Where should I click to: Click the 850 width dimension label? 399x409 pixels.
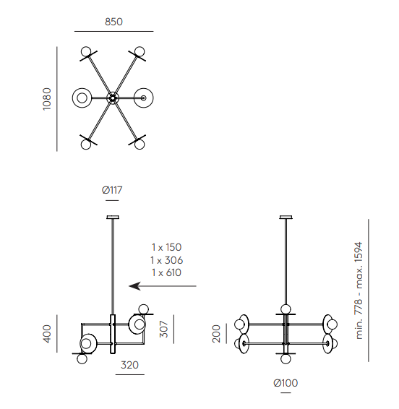[113, 22]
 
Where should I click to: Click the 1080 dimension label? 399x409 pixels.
[47, 99]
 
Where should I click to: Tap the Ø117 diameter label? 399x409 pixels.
[112, 190]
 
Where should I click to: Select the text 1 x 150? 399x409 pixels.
[166, 247]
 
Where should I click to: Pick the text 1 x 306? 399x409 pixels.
[166, 260]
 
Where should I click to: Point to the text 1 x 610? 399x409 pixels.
[166, 272]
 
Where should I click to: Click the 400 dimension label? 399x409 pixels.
[47, 334]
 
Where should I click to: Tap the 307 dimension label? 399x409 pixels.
[164, 330]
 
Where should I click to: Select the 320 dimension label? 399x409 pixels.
[129, 365]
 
